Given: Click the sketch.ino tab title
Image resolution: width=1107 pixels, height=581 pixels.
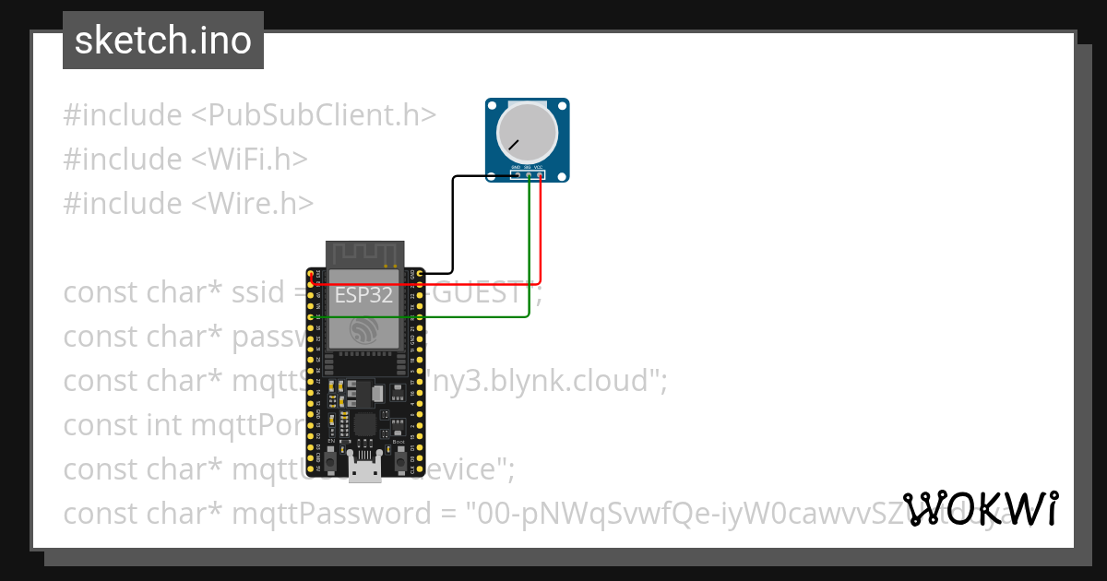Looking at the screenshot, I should [x=163, y=41].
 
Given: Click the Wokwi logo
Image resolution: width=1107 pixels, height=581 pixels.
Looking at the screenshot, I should [x=980, y=508].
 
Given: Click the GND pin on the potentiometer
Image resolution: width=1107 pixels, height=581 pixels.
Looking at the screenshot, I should [x=518, y=174].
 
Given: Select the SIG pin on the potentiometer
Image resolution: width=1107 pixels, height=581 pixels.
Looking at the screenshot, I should [x=529, y=174].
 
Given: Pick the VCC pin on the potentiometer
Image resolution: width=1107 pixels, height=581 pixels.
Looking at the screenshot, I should [x=540, y=174].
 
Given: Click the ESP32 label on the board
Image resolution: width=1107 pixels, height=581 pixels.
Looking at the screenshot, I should [x=363, y=295].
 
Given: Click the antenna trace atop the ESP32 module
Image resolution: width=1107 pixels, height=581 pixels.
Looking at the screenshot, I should [x=365, y=253].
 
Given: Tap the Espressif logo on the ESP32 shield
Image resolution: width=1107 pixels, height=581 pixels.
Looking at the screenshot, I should [x=365, y=329].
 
